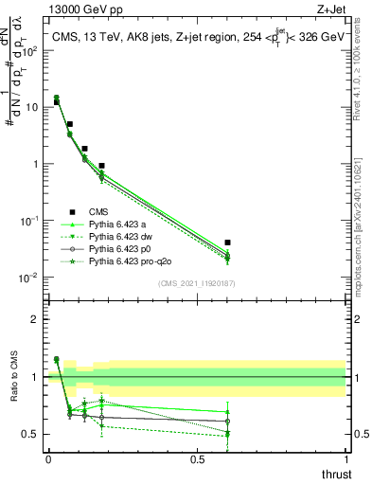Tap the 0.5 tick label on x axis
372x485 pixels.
[x=197, y=459]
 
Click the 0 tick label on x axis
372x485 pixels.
[x=48, y=459]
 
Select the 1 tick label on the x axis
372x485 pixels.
[x=345, y=459]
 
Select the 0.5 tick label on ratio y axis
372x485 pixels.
[x=29, y=434]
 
